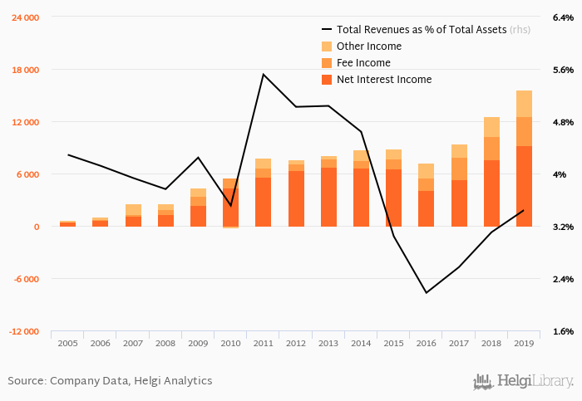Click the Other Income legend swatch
(x=327, y=46)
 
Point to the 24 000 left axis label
(x=24, y=17)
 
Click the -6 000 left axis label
(x=25, y=279)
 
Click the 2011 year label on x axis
(x=263, y=343)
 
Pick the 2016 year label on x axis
(x=426, y=343)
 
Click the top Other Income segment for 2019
(x=524, y=104)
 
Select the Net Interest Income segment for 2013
(x=328, y=197)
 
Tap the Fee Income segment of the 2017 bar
(x=459, y=169)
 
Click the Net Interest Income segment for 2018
(x=491, y=193)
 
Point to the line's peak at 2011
(x=263, y=75)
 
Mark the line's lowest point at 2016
(x=426, y=293)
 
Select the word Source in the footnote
(x=26, y=381)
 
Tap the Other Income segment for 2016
(x=426, y=171)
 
